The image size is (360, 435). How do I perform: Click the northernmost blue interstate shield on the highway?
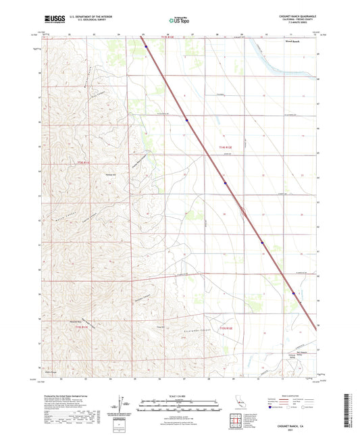146,47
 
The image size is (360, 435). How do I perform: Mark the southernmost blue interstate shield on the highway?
293,292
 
